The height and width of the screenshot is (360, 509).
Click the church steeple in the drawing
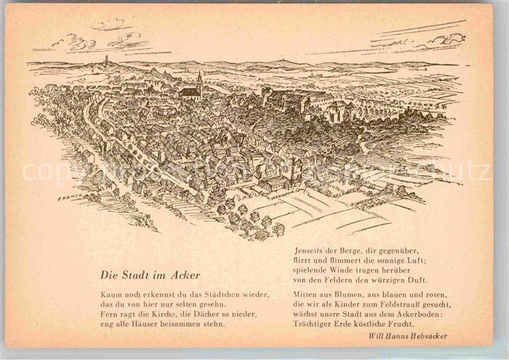tap(200, 79)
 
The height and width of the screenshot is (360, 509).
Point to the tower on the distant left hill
tap(106, 60)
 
